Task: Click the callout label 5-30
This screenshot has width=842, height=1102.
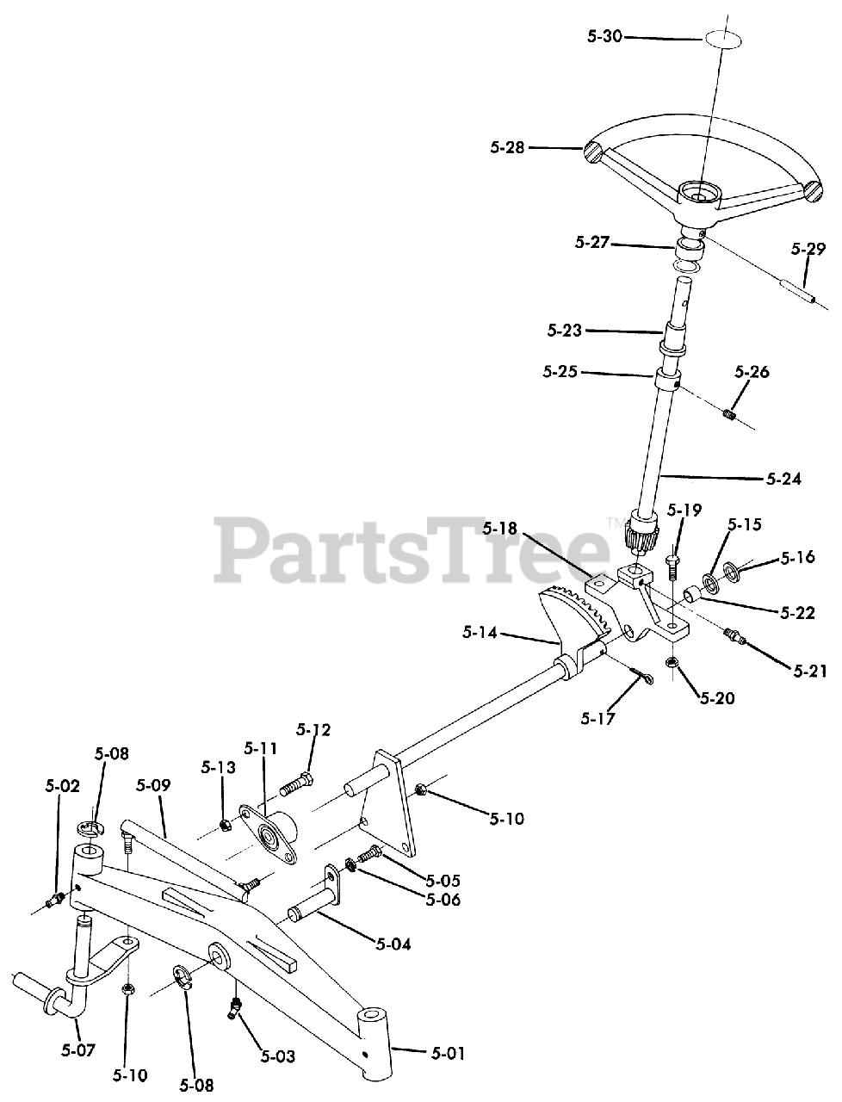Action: tap(604, 37)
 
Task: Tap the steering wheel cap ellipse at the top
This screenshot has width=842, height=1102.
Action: tap(722, 40)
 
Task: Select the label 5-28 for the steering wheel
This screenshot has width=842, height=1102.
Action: tap(508, 147)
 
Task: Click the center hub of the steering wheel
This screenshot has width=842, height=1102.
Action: tap(698, 194)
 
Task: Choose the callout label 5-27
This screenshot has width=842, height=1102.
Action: tap(591, 243)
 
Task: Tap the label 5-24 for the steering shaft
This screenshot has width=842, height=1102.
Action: tap(783, 479)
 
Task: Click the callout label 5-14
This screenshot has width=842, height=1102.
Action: tap(479, 634)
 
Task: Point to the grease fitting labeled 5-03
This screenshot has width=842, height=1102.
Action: tap(234, 1007)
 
